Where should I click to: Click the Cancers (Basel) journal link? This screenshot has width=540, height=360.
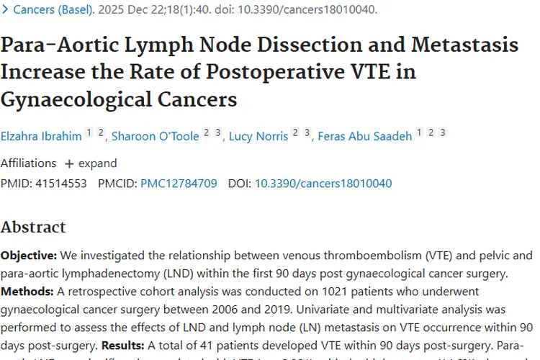(x=54, y=10)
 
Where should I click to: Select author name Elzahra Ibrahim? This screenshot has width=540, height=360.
(x=40, y=136)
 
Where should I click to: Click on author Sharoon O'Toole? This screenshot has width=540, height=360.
(x=155, y=136)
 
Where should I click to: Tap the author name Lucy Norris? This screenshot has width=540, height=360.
(x=258, y=136)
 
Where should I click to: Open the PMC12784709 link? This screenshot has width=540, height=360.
(x=179, y=184)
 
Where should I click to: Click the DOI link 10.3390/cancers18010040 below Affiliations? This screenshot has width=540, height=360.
(x=323, y=184)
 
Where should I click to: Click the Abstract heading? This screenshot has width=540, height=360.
(x=33, y=228)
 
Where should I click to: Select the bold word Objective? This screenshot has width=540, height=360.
(x=29, y=256)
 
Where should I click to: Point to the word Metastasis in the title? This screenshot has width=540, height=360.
(x=464, y=45)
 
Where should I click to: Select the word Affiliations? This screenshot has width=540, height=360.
(x=28, y=163)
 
